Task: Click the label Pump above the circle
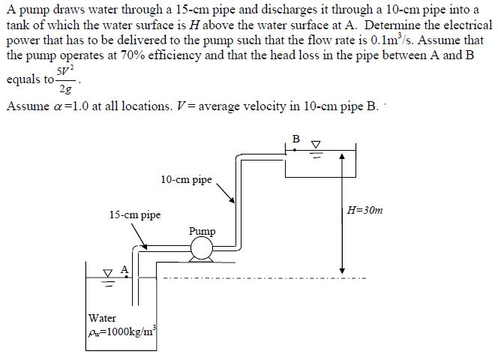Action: [202, 231]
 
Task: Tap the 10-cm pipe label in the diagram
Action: [186, 180]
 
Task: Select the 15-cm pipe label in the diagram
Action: [135, 214]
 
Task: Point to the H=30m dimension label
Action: [365, 211]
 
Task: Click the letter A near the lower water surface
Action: [124, 269]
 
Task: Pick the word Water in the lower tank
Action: [102, 318]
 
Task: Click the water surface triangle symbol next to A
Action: [109, 273]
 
